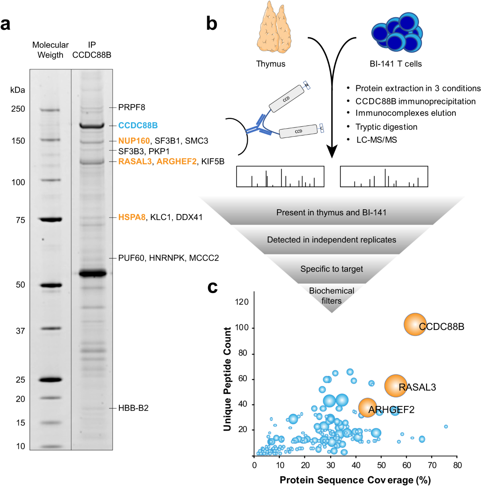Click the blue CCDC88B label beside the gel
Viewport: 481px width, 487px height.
[x=138, y=125]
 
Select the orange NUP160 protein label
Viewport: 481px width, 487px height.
[x=134, y=141]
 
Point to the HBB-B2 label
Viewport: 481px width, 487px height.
[x=133, y=408]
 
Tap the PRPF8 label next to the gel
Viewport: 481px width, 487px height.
[x=131, y=107]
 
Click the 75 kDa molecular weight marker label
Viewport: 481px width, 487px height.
[x=20, y=220]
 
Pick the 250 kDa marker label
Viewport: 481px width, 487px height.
[x=18, y=109]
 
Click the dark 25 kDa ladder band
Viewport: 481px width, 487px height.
[x=50, y=380]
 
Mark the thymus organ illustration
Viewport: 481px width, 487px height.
[x=274, y=30]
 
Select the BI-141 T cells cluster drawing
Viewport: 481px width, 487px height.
[x=396, y=32]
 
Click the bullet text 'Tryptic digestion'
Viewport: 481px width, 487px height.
[x=386, y=127]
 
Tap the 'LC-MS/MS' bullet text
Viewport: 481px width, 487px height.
[x=377, y=140]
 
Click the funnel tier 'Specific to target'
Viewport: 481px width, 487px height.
[x=331, y=269]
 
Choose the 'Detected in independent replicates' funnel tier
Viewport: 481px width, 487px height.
[x=331, y=240]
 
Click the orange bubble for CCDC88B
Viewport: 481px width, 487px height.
[x=415, y=324]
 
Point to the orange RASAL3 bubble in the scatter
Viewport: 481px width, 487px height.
[x=396, y=386]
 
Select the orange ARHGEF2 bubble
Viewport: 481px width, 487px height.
[x=368, y=408]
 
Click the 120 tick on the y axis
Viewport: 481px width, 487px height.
[x=242, y=302]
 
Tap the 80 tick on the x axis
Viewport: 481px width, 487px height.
[x=457, y=465]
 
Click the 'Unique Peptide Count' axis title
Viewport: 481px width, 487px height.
[x=228, y=379]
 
